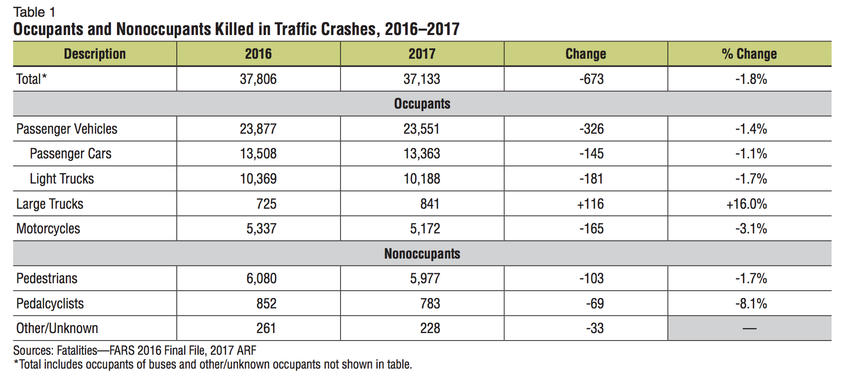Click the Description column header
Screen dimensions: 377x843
click(95, 54)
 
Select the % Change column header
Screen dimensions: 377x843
click(749, 54)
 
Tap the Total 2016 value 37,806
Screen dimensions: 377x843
click(258, 79)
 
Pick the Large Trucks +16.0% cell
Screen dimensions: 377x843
click(746, 204)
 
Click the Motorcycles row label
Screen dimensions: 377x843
click(48, 228)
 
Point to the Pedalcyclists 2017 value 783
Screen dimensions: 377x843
click(430, 303)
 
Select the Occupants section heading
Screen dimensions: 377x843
click(422, 104)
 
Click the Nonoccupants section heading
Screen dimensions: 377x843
click(422, 254)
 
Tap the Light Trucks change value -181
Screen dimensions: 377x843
click(591, 179)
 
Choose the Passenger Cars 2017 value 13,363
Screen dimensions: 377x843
click(421, 153)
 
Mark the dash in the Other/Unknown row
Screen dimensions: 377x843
click(749, 329)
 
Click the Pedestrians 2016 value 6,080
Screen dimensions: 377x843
click(261, 278)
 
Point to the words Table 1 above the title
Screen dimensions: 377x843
click(34, 12)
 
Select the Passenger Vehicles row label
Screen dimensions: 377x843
click(67, 129)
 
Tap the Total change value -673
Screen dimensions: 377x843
click(591, 79)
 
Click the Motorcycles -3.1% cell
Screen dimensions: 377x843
click(751, 228)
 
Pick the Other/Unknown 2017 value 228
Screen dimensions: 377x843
click(430, 328)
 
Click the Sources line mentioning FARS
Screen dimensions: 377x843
click(135, 350)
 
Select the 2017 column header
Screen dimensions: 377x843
click(421, 54)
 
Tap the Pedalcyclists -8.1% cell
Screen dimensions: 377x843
click(751, 303)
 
